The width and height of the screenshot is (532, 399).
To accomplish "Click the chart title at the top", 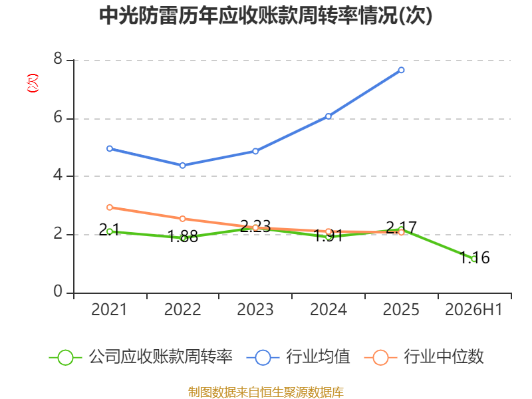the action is [265, 16].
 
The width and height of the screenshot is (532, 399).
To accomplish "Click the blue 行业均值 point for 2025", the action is [401, 70].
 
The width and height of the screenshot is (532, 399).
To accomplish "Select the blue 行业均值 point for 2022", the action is [182, 165].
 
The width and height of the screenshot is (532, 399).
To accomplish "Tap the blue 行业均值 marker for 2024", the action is [329, 116].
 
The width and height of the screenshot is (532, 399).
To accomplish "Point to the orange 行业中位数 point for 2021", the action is [110, 207].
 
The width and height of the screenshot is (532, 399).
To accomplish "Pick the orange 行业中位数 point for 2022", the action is [182, 219].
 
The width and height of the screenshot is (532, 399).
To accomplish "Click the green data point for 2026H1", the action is [474, 259].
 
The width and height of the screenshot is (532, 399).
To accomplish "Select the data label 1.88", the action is [183, 237].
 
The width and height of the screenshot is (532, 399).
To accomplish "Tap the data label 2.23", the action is [255, 226].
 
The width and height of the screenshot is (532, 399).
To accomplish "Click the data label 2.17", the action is [401, 227].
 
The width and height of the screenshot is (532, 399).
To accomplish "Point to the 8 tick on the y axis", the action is [58, 59].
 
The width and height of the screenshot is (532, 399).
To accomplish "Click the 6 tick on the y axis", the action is [58, 118].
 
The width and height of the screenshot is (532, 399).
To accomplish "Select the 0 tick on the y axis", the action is [58, 291].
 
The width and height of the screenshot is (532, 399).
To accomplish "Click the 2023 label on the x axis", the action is [255, 309].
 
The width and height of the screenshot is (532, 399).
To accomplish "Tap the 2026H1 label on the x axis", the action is [473, 309].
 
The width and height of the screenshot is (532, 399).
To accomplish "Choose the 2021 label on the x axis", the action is [109, 309].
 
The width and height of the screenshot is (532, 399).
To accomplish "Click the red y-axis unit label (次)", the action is [33, 82].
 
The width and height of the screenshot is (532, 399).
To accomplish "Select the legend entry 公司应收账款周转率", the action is [141, 357].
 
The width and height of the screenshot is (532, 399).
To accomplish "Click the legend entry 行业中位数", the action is [424, 357].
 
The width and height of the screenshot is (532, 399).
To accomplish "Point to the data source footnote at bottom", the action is [266, 392].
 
